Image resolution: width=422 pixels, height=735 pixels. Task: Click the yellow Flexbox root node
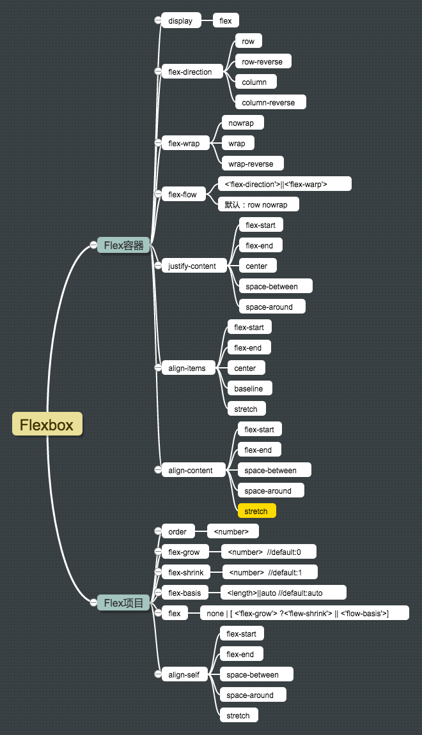tap(47, 424)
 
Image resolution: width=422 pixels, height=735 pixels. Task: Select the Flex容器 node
tap(123, 245)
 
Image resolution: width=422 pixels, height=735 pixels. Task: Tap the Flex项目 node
tap(123, 602)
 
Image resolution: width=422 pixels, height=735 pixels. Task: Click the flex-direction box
tap(190, 72)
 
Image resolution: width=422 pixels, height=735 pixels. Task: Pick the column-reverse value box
tap(269, 102)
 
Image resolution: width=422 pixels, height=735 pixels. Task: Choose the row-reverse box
tap(263, 61)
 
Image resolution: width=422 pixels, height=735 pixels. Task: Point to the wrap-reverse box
tap(251, 163)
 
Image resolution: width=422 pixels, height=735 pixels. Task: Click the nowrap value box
tap(241, 123)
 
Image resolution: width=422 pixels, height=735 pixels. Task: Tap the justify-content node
tap(192, 266)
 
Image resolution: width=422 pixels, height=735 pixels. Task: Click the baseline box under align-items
tap(249, 388)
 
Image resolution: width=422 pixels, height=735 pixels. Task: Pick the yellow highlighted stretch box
tap(256, 511)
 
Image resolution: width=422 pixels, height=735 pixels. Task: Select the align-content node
tap(190, 470)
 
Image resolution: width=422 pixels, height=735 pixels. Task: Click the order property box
tap(178, 531)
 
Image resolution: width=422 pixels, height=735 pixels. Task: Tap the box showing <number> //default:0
tap(269, 552)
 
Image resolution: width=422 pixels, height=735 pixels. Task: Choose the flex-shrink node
tap(186, 572)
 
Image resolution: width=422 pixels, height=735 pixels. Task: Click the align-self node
tap(184, 674)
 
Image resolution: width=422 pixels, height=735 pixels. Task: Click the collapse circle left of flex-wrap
tap(158, 143)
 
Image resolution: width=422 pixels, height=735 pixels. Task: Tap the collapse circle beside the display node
tap(158, 20)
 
